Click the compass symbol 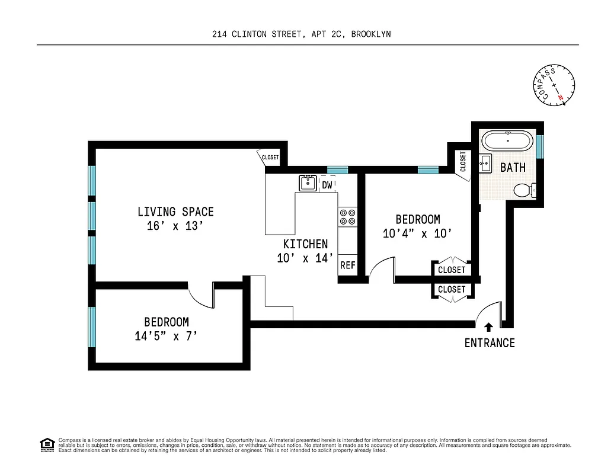pos(554,85)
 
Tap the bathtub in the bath pos(507,142)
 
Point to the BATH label pos(513,168)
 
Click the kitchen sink pos(307,183)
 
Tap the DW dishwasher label pos(327,185)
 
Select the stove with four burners pos(347,217)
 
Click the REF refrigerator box pos(347,265)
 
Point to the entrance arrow pos(488,326)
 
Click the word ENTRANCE pos(489,343)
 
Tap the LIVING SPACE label pos(175,212)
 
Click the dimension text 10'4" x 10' pos(418,233)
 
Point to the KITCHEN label pos(305,244)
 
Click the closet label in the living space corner pos(270,158)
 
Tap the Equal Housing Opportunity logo pos(46,444)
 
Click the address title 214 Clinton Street pos(301,34)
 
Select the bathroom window pos(539,147)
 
